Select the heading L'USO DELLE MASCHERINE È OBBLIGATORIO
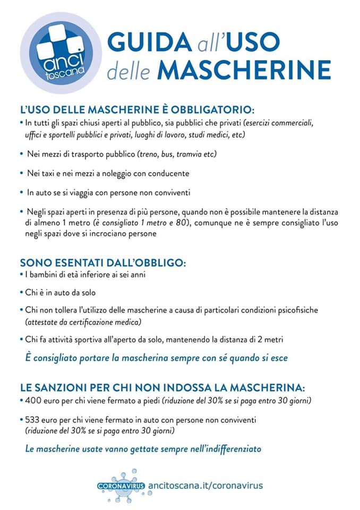pyautogui.click(x=137, y=110)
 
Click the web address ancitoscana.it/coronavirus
pyautogui.click(x=205, y=485)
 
